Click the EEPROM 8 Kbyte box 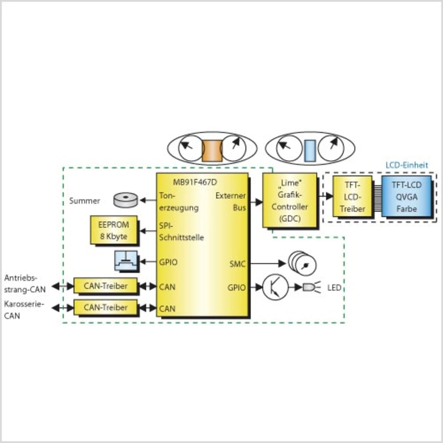click(x=114, y=230)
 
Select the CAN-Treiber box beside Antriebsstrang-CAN click(x=106, y=286)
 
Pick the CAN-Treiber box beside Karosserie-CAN click(x=106, y=307)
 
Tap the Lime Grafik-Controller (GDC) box click(x=290, y=200)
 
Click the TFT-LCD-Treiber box click(x=352, y=197)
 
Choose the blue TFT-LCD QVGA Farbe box click(x=406, y=197)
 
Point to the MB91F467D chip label click(x=195, y=182)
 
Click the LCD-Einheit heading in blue click(x=407, y=165)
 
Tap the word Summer click(x=84, y=201)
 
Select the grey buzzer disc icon click(x=125, y=200)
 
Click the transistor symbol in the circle click(x=275, y=287)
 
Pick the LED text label click(x=334, y=288)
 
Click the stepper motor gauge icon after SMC click(x=302, y=264)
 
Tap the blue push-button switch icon click(x=126, y=261)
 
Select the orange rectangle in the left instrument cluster click(x=212, y=151)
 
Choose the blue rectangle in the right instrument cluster click(x=309, y=151)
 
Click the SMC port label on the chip click(x=237, y=264)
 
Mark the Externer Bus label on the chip click(x=230, y=201)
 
